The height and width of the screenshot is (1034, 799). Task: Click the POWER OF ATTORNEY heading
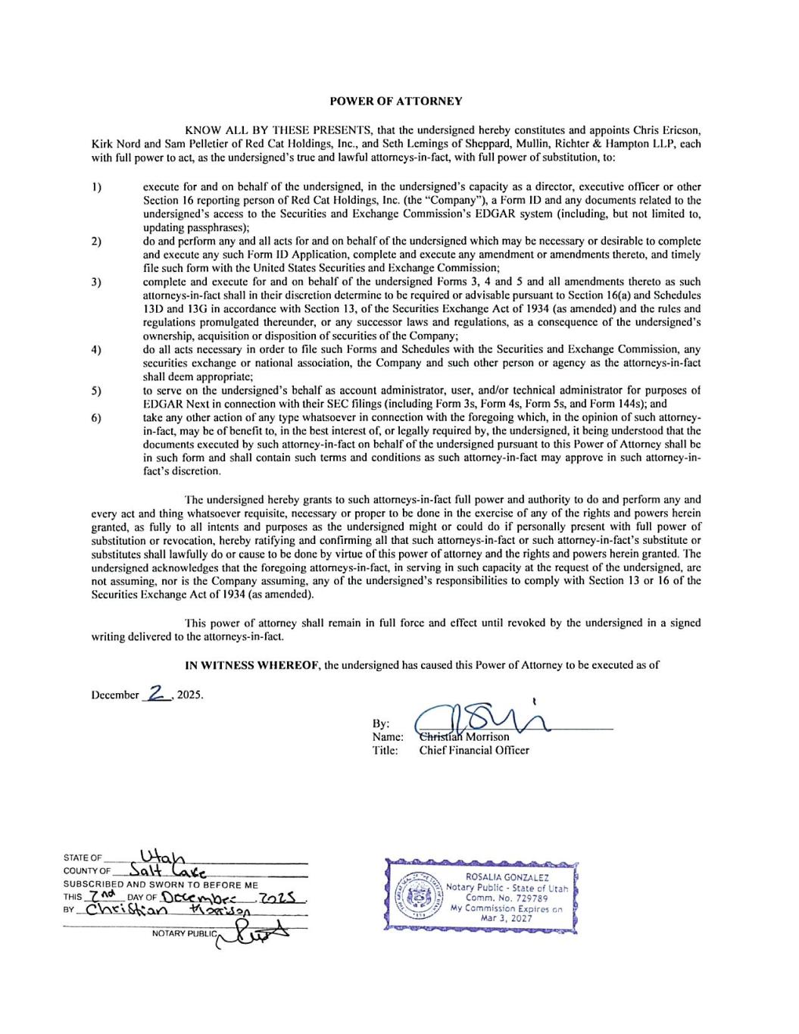(x=396, y=101)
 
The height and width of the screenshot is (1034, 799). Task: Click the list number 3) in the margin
(x=96, y=282)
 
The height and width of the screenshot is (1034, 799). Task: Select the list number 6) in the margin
(x=96, y=417)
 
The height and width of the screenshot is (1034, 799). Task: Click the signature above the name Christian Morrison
(x=485, y=720)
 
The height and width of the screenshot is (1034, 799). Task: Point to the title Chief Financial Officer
(x=474, y=750)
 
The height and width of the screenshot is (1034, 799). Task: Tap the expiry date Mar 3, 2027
(x=506, y=918)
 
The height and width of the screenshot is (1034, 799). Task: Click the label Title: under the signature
(x=385, y=750)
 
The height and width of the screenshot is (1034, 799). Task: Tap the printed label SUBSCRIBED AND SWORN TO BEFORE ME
(x=161, y=885)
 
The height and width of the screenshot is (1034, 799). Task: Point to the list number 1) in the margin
(x=96, y=186)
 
